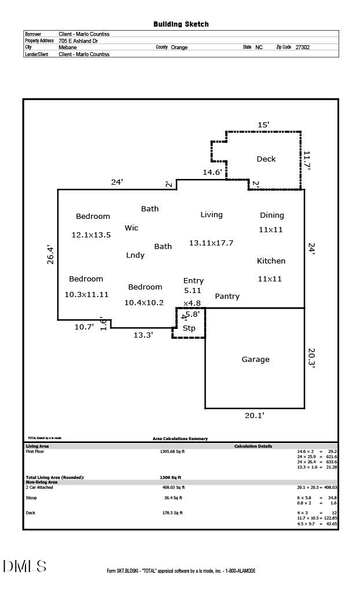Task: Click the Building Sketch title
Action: (181, 24)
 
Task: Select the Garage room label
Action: (255, 360)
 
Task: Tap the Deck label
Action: (266, 159)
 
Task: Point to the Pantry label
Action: (227, 296)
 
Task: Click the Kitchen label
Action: (271, 261)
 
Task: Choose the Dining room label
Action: (271, 215)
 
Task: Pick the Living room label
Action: (211, 215)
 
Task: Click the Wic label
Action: (131, 228)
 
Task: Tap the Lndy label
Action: (135, 255)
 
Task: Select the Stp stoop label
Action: (189, 328)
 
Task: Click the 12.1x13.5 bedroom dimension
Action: (91, 235)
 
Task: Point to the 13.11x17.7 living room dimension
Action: (211, 243)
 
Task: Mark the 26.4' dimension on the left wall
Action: (50, 255)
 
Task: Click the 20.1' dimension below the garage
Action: (255, 415)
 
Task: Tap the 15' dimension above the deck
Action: (263, 125)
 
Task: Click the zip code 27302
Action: (302, 47)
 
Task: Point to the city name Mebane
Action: (68, 47)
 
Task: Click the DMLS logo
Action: (24, 566)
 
